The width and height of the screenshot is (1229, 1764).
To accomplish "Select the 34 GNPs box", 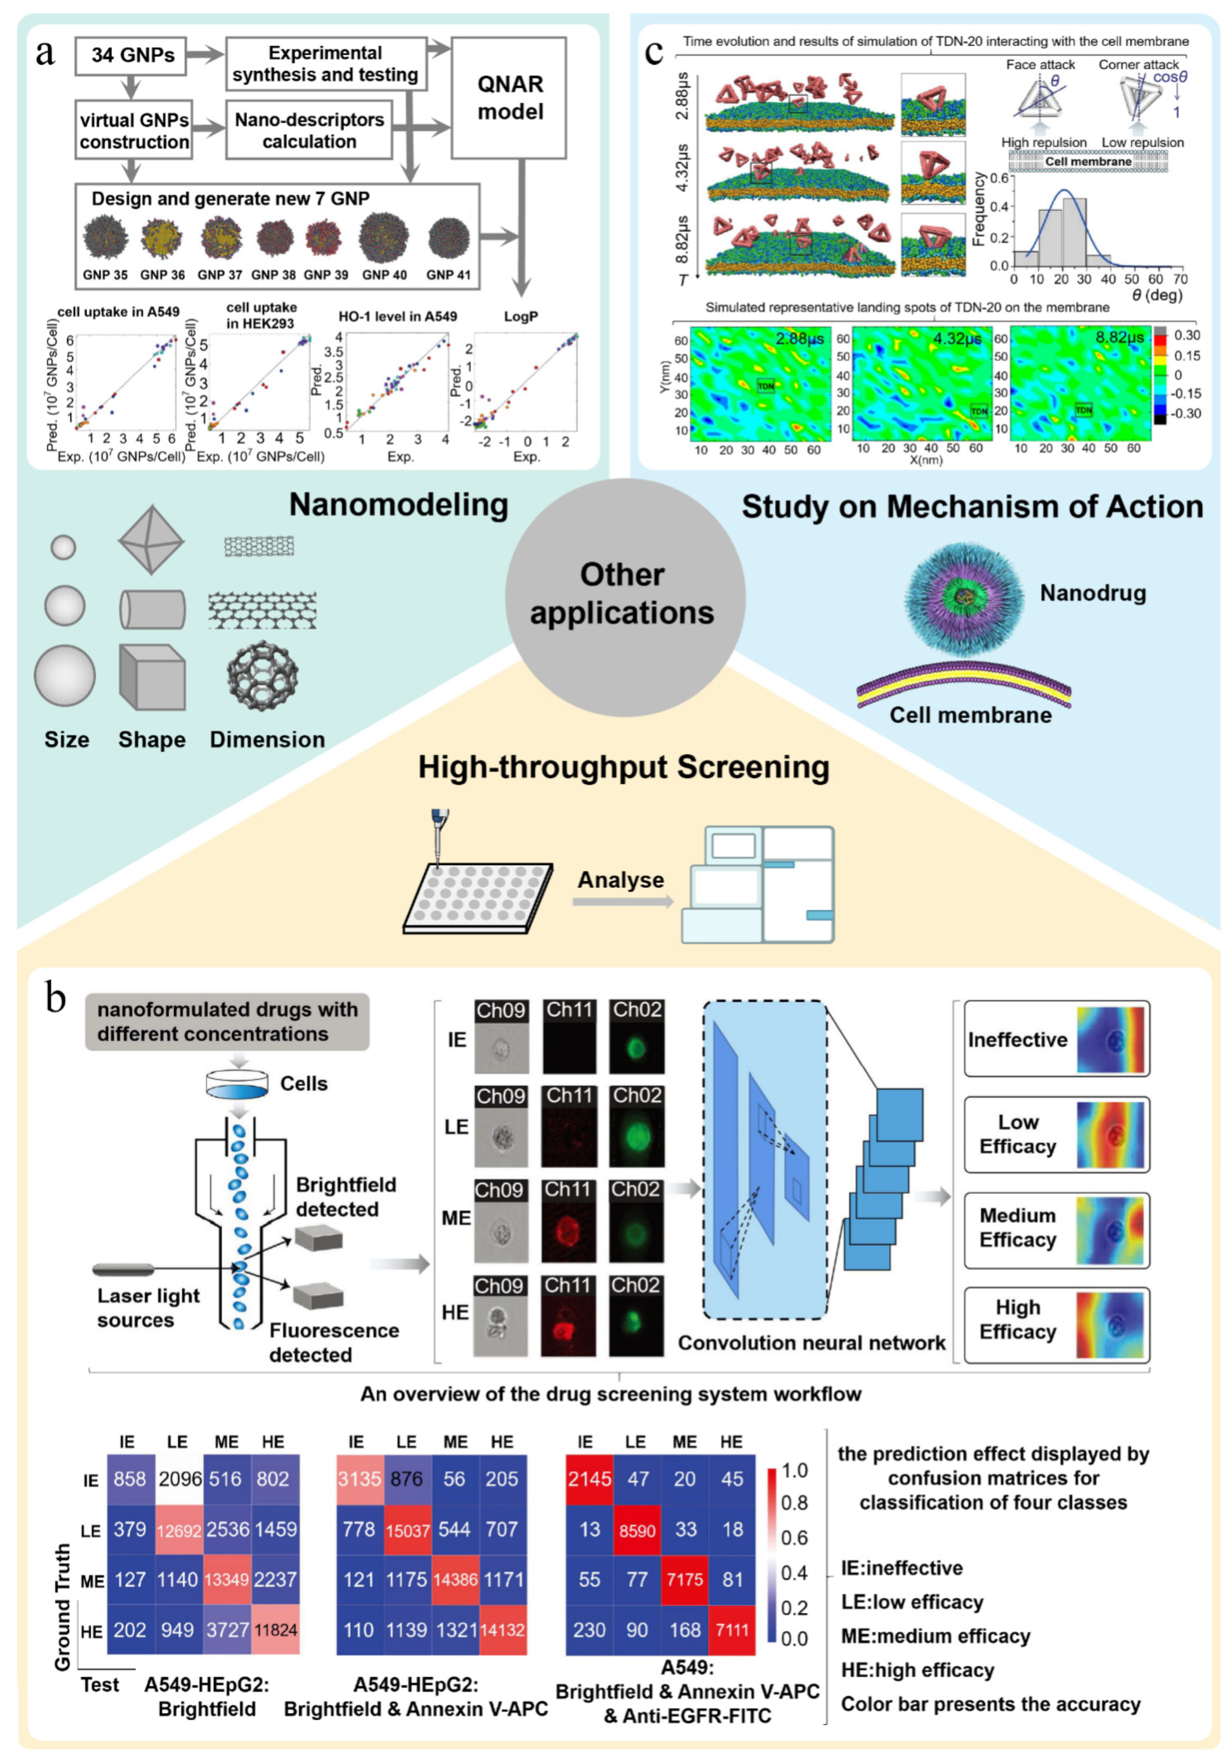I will click(x=131, y=55).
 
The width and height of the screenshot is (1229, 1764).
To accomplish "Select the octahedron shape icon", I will click(x=152, y=540).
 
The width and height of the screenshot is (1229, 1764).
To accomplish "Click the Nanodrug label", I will click(x=1092, y=593).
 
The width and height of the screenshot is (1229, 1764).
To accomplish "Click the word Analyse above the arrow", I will click(x=620, y=880).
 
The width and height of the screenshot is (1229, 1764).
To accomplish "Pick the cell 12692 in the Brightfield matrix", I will click(x=178, y=1530).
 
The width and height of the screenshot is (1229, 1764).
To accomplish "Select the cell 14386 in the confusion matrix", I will click(x=455, y=1580).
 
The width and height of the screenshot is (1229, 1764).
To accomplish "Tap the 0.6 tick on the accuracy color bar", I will click(x=794, y=1537).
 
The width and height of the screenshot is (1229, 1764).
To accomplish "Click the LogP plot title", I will click(x=521, y=316).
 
